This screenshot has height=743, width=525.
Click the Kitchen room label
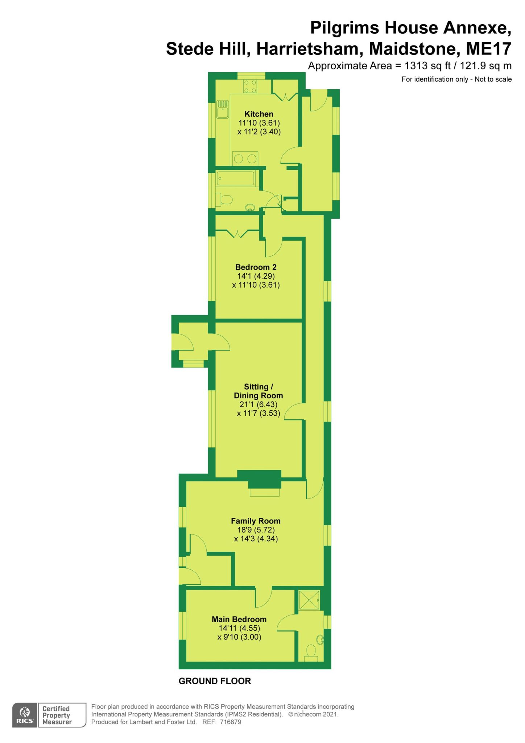259,114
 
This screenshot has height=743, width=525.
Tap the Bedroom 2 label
256,267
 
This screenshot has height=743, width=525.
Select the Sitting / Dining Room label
258,391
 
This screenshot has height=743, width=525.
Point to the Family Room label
256,521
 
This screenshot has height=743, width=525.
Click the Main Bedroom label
239,619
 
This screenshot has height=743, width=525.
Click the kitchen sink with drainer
223,109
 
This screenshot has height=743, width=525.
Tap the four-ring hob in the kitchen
250,86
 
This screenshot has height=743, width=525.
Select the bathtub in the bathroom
236,178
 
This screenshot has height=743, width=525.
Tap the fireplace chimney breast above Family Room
259,479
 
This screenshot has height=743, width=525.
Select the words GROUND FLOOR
215,681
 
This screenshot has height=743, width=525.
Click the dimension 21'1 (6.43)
258,404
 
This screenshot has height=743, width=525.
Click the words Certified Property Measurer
57,715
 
